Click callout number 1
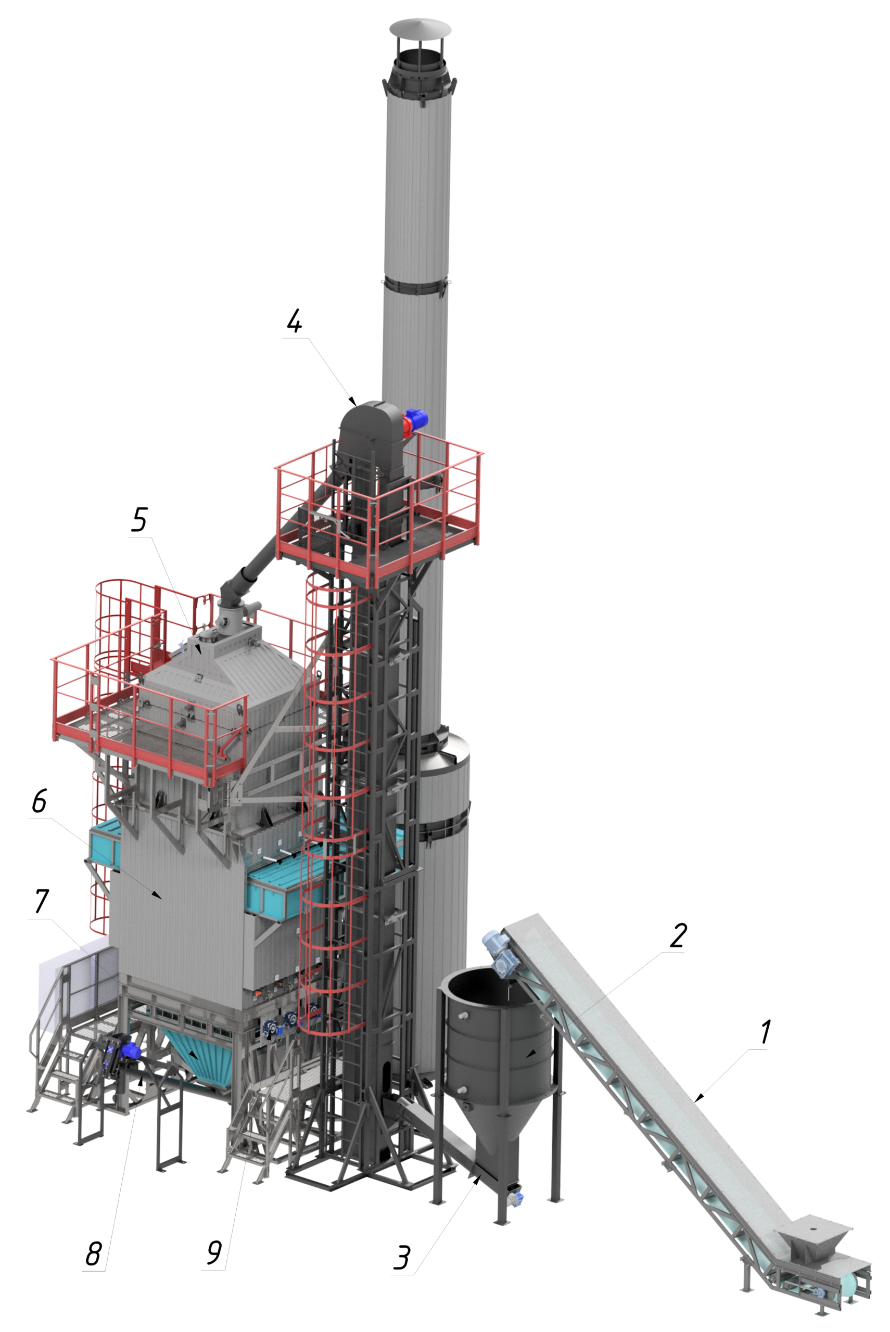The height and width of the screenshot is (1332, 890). pyautogui.click(x=766, y=1032)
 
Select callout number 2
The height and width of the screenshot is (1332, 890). pyautogui.click(x=678, y=936)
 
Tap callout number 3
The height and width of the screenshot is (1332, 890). pyautogui.click(x=402, y=1258)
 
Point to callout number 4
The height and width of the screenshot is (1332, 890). pyautogui.click(x=294, y=322)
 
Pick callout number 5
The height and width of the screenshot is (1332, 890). pyautogui.click(x=139, y=519)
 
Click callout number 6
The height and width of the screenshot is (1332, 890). pyautogui.click(x=39, y=802)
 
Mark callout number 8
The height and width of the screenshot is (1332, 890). pyautogui.click(x=94, y=1254)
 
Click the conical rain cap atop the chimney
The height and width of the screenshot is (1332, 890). pyautogui.click(x=420, y=27)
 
